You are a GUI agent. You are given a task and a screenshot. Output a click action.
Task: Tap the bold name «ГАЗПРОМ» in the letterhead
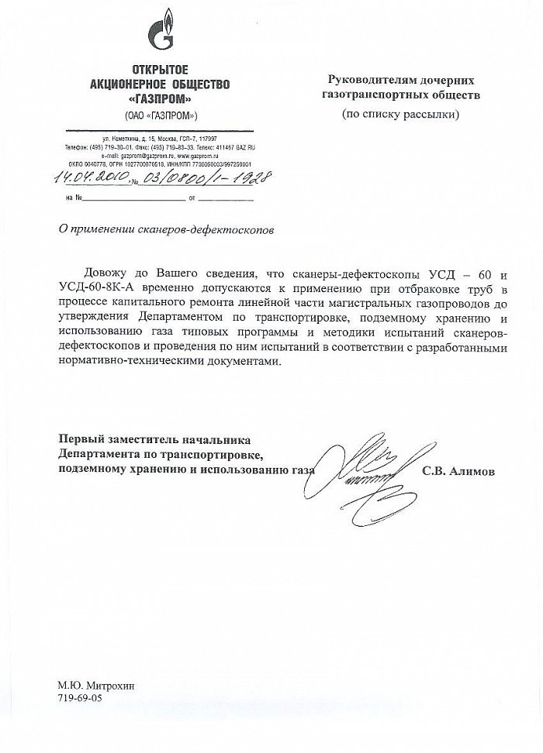point(161,98)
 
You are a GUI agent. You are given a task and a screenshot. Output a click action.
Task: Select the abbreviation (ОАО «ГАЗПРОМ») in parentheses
point(161,115)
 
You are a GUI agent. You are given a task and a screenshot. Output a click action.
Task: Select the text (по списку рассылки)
point(400,115)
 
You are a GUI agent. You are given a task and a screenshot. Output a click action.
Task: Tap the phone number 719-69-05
point(78,698)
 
